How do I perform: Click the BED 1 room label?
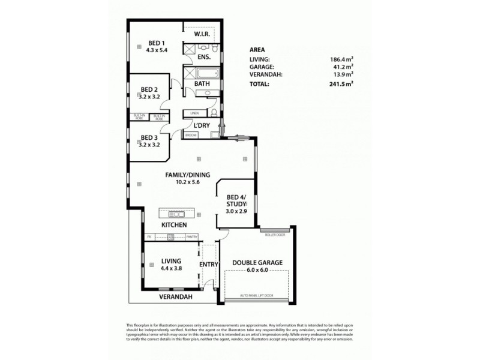pyautogui.click(x=157, y=43)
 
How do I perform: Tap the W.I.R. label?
pyautogui.click(x=202, y=35)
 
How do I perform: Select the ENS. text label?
pyautogui.click(x=203, y=58)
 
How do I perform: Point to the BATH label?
pyautogui.click(x=202, y=84)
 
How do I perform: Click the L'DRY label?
pyautogui.click(x=200, y=125)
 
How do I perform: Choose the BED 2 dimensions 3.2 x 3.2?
pyautogui.click(x=149, y=96)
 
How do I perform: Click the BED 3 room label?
pyautogui.click(x=149, y=137)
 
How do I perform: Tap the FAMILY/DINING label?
pyautogui.click(x=188, y=175)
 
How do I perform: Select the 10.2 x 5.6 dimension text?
pyautogui.click(x=188, y=182)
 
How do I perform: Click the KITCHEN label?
pyautogui.click(x=174, y=225)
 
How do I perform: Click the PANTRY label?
pyautogui.click(x=192, y=237)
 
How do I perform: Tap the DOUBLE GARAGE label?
pyautogui.click(x=257, y=262)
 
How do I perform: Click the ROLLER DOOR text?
pyautogui.click(x=274, y=235)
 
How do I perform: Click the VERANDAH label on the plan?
pyautogui.click(x=175, y=297)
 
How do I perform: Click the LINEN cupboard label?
pyautogui.click(x=194, y=113)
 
